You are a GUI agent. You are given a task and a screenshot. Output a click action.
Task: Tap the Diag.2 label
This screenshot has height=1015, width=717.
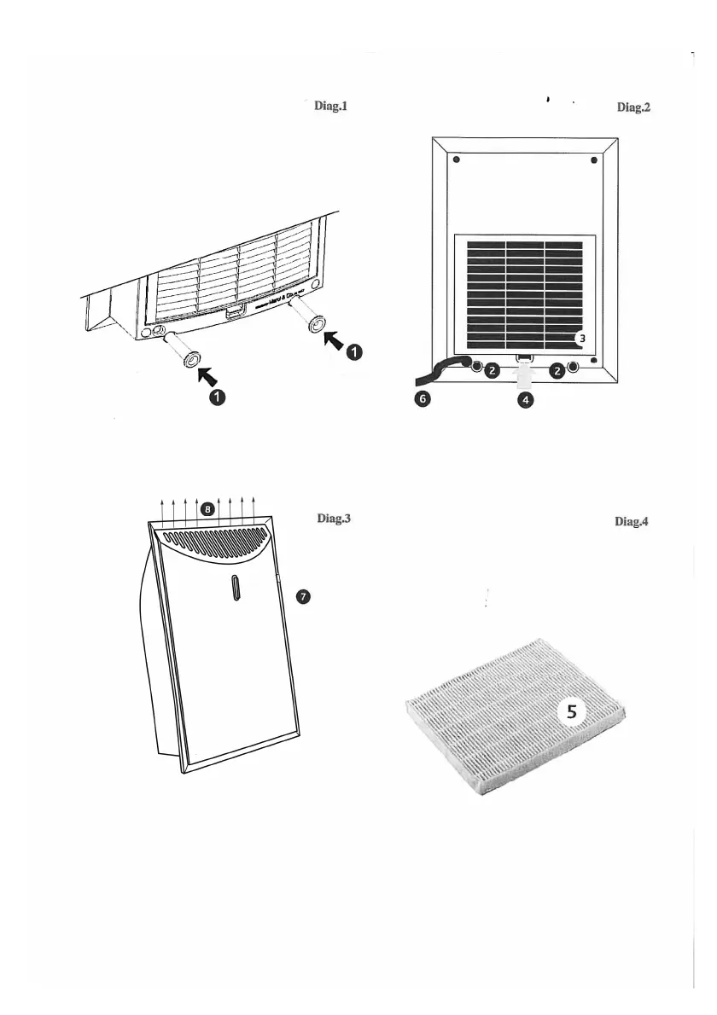(633, 107)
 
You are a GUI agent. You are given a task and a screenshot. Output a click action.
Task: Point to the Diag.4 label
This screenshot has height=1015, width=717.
(632, 522)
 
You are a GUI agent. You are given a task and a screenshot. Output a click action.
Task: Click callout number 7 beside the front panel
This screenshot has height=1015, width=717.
(302, 596)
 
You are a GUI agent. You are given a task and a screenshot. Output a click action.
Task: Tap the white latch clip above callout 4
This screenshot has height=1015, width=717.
(525, 374)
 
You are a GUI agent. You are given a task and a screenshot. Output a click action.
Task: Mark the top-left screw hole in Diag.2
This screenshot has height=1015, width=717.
(456, 160)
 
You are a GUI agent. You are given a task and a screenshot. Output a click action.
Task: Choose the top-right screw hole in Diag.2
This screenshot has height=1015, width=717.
(594, 160)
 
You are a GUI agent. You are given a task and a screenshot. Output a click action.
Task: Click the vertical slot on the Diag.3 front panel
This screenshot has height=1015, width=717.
(236, 589)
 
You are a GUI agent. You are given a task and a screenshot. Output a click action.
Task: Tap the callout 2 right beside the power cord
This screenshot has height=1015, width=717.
(492, 371)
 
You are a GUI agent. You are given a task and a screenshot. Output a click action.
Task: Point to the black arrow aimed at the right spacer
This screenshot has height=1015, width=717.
(335, 340)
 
